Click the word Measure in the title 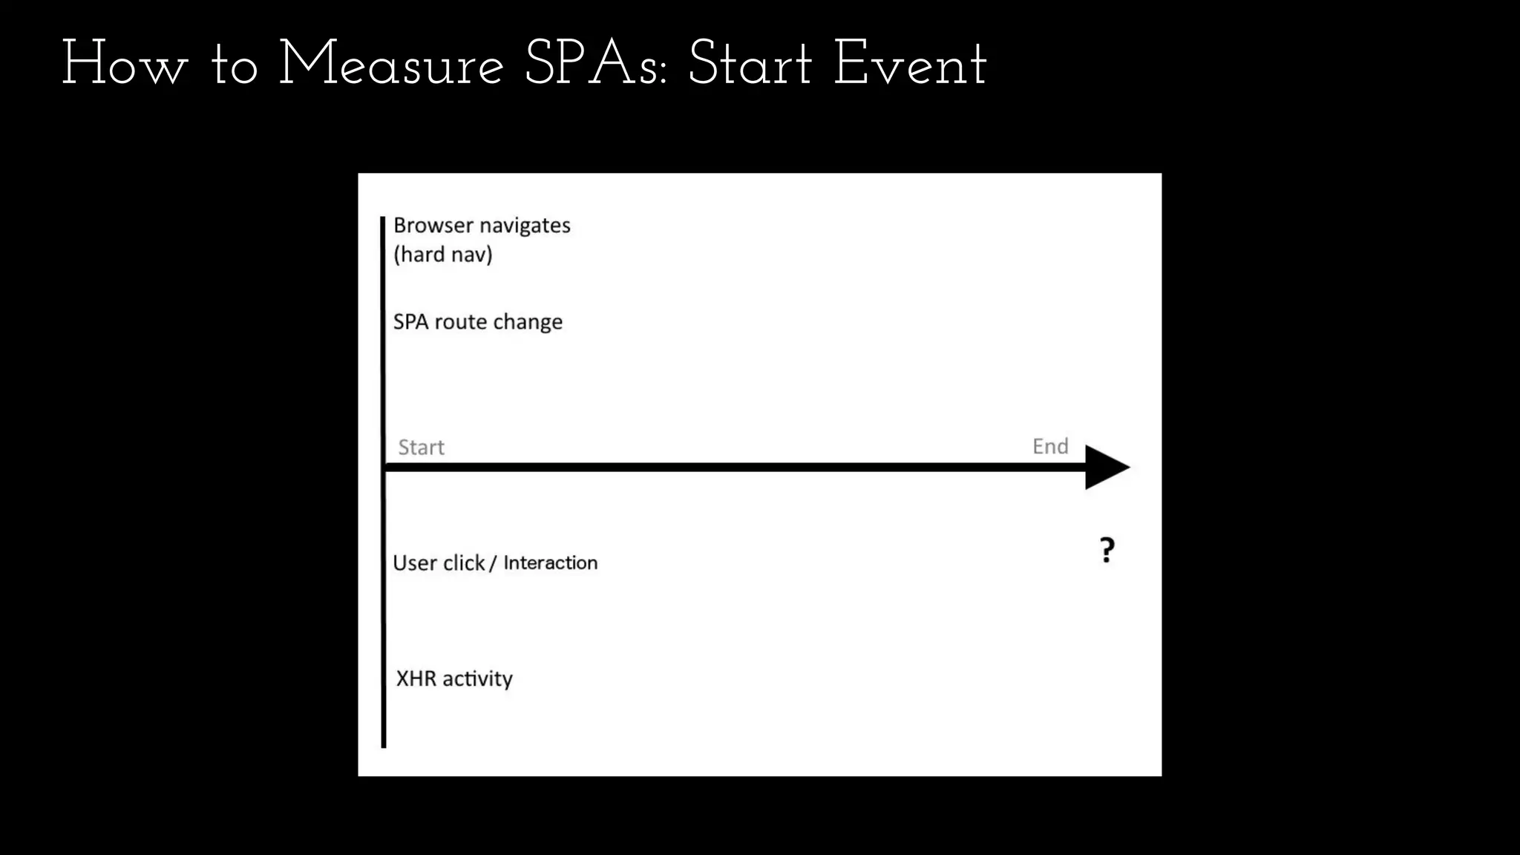(391, 65)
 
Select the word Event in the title (910, 65)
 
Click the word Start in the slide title (750, 65)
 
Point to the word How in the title (125, 65)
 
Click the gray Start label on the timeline (421, 448)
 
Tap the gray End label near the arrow (1050, 446)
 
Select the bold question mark (1107, 550)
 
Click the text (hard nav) (443, 255)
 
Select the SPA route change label (477, 322)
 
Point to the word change (528, 322)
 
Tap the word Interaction (550, 563)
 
